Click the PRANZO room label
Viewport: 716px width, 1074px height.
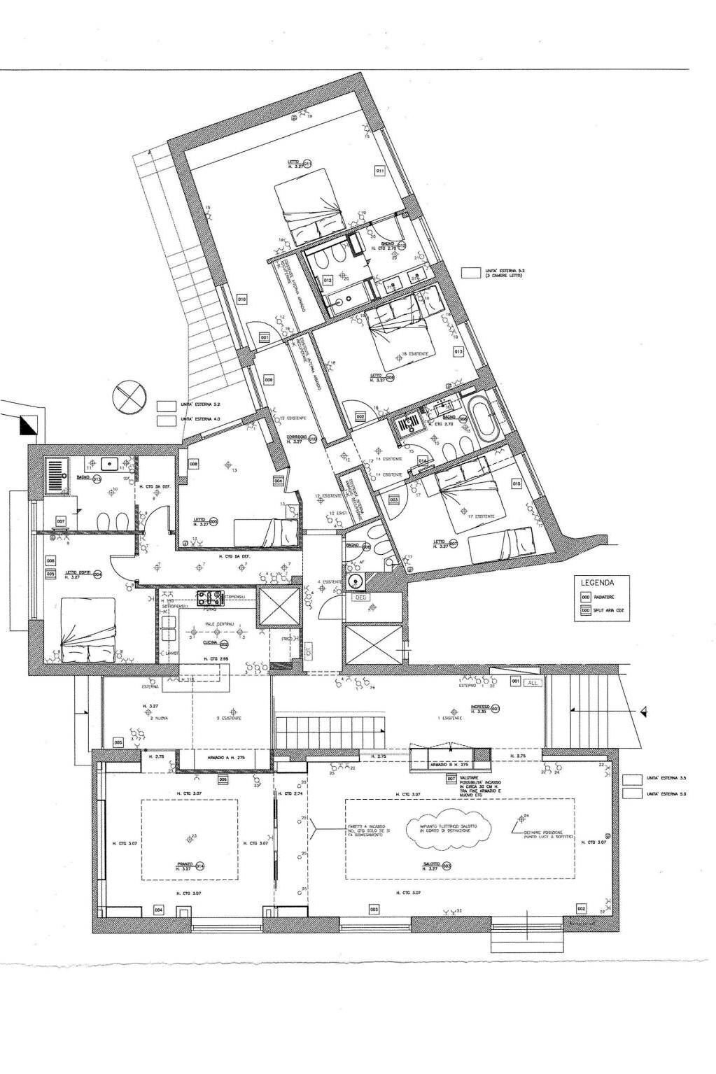pyautogui.click(x=185, y=865)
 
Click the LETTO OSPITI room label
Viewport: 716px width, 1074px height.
pyautogui.click(x=79, y=573)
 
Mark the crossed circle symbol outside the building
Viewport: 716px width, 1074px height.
pyautogui.click(x=129, y=396)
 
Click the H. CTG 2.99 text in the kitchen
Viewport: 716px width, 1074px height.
pyautogui.click(x=214, y=659)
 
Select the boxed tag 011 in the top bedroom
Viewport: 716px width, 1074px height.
pyautogui.click(x=380, y=170)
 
